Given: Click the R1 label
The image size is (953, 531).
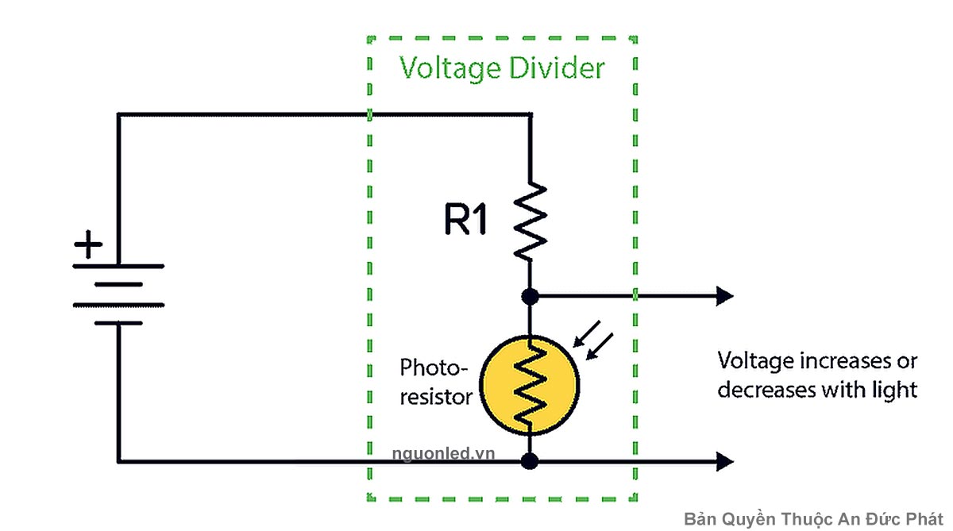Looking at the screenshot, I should tap(465, 221).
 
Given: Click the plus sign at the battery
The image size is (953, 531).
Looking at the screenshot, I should tap(88, 245).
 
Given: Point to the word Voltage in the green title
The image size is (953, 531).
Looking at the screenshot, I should tap(449, 68).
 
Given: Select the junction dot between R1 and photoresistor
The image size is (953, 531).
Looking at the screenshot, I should tap(531, 297).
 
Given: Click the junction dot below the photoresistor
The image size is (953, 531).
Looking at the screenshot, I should tap(531, 460).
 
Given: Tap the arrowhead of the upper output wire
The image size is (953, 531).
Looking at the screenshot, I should tap(724, 297).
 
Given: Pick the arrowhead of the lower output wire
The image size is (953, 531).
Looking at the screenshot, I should tap(724, 460).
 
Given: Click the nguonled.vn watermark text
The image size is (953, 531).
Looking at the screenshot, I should tap(443, 453).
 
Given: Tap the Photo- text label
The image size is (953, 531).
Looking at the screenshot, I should tap(434, 367).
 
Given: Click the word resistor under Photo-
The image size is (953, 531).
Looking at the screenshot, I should tap(436, 396).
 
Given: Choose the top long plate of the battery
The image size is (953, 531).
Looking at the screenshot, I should tap(119, 266).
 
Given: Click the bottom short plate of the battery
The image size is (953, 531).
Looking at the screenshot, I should tap(119, 323).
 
